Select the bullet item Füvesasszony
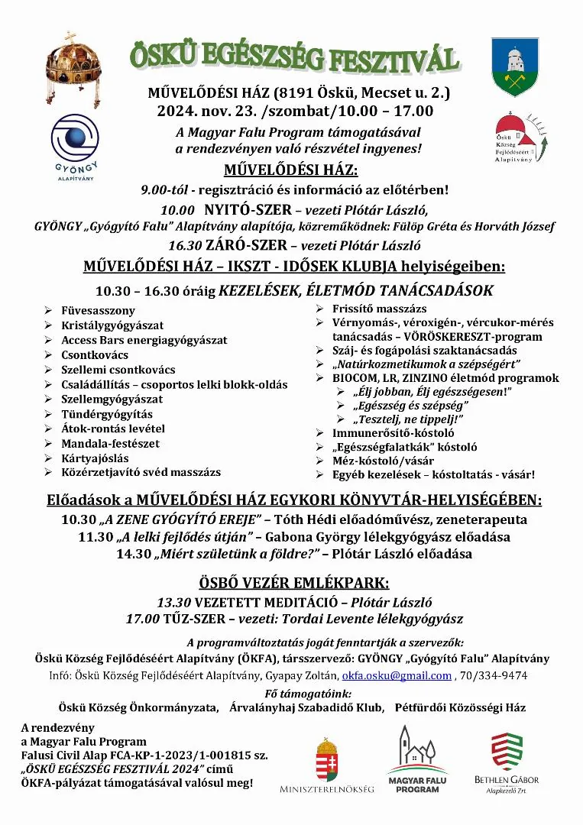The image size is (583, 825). [98, 311]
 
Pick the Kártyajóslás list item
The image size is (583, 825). [95, 458]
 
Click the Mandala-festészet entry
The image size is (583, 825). [110, 443]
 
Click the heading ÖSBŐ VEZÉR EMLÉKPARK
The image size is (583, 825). [294, 582]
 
